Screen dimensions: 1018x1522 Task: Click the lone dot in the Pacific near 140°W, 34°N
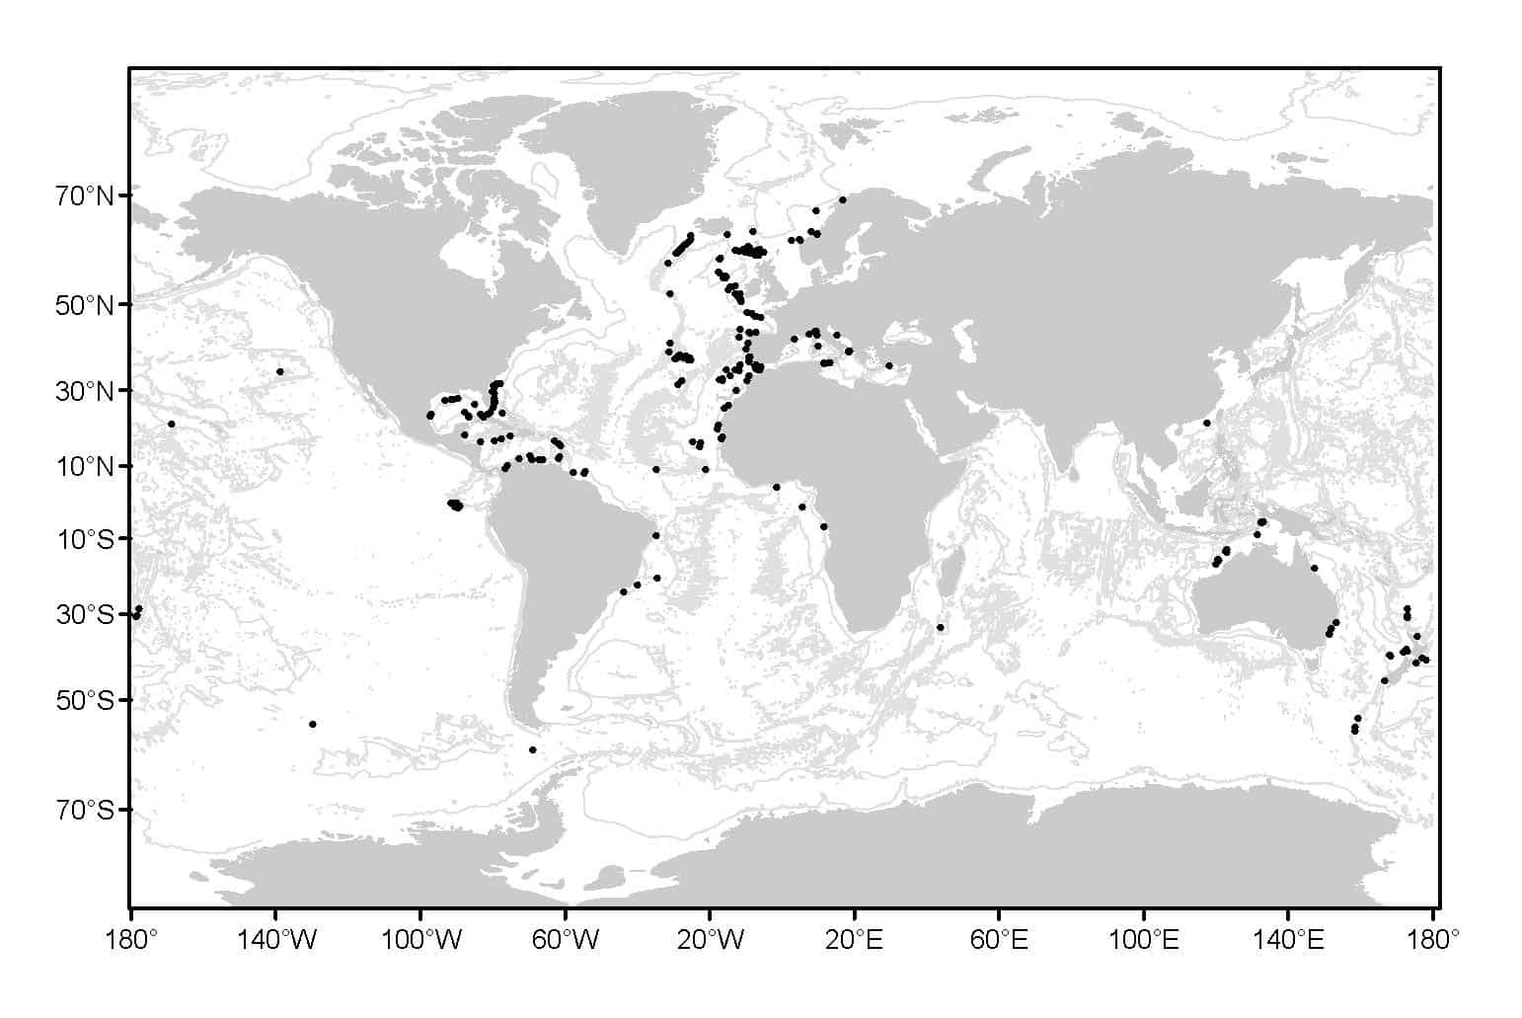click(x=280, y=372)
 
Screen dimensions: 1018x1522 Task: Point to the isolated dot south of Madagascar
click(x=940, y=627)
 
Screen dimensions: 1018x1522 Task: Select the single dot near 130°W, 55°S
click(x=313, y=724)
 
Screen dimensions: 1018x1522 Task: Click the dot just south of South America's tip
click(x=532, y=749)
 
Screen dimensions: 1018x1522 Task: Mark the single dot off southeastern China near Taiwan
click(x=1206, y=423)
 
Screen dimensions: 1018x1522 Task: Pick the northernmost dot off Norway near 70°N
click(x=842, y=199)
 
